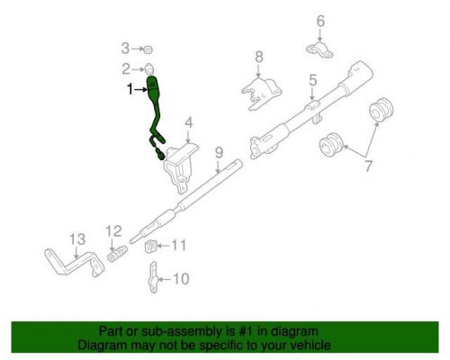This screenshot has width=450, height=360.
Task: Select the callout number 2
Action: pyautogui.click(x=127, y=68)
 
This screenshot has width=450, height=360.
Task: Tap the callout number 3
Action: pyautogui.click(x=127, y=47)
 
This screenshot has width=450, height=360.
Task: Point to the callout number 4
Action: pyautogui.click(x=189, y=123)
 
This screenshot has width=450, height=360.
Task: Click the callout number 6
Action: pyautogui.click(x=319, y=21)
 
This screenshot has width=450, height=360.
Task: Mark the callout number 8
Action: pyautogui.click(x=258, y=58)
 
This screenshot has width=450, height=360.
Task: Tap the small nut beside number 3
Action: pyautogui.click(x=150, y=48)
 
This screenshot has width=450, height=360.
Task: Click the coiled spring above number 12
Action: pyautogui.click(x=116, y=256)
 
